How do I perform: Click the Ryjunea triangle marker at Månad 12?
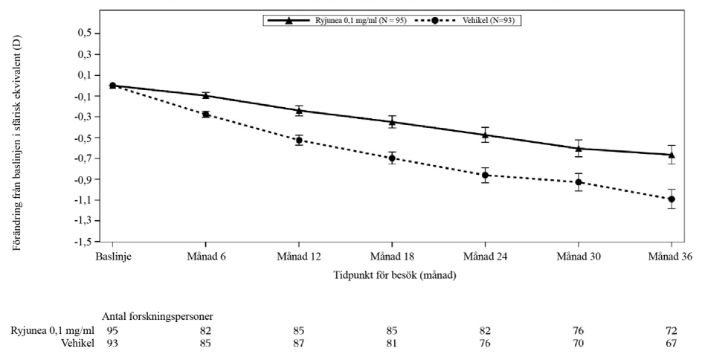tap(299, 110)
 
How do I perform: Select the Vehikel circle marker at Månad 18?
tap(392, 158)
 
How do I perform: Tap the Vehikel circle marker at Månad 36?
tap(671, 199)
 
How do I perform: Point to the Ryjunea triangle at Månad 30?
tap(579, 148)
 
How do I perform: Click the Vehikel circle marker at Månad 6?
tap(205, 115)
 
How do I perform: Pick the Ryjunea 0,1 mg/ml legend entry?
tap(337, 20)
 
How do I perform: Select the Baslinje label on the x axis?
tap(113, 257)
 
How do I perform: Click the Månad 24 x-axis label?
tap(486, 257)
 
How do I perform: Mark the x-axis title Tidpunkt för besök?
tap(394, 275)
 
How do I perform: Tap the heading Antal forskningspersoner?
tap(158, 317)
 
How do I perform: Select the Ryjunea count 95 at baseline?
tap(112, 331)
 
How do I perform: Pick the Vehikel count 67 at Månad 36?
tap(671, 344)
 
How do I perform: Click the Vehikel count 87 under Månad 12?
tap(299, 344)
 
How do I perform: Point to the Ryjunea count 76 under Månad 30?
tap(578, 331)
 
